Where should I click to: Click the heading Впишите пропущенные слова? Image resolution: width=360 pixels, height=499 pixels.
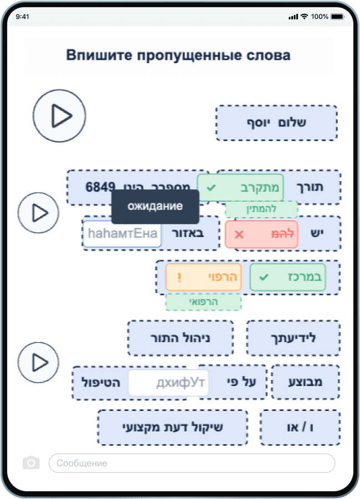(x=178, y=56)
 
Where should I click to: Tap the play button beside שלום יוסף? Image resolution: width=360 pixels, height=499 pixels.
(x=59, y=116)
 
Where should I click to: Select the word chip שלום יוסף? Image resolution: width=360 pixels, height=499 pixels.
(x=276, y=123)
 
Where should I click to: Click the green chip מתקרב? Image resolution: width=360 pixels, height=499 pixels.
(x=240, y=188)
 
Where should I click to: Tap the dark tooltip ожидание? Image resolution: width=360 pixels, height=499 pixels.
(x=155, y=207)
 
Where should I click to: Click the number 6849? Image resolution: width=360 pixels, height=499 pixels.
(x=100, y=187)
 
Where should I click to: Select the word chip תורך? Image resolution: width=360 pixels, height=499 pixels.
(x=322, y=187)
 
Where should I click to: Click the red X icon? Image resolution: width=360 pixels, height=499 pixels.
(x=239, y=234)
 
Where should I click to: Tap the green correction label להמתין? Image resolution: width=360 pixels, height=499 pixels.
(x=261, y=209)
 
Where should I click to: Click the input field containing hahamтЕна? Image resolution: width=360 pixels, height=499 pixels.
(x=122, y=234)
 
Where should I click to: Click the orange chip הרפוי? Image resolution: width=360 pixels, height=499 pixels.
(x=204, y=277)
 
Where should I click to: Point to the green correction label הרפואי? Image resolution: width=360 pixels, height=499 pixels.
(x=203, y=302)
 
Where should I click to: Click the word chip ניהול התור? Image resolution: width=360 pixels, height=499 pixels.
(x=180, y=338)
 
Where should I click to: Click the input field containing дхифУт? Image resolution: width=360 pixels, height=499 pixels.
(x=168, y=383)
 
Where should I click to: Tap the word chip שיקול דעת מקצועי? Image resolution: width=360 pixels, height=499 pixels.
(x=172, y=427)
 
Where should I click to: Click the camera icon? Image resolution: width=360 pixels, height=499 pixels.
(x=31, y=463)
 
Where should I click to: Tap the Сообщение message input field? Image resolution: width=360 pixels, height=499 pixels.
(x=192, y=463)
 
